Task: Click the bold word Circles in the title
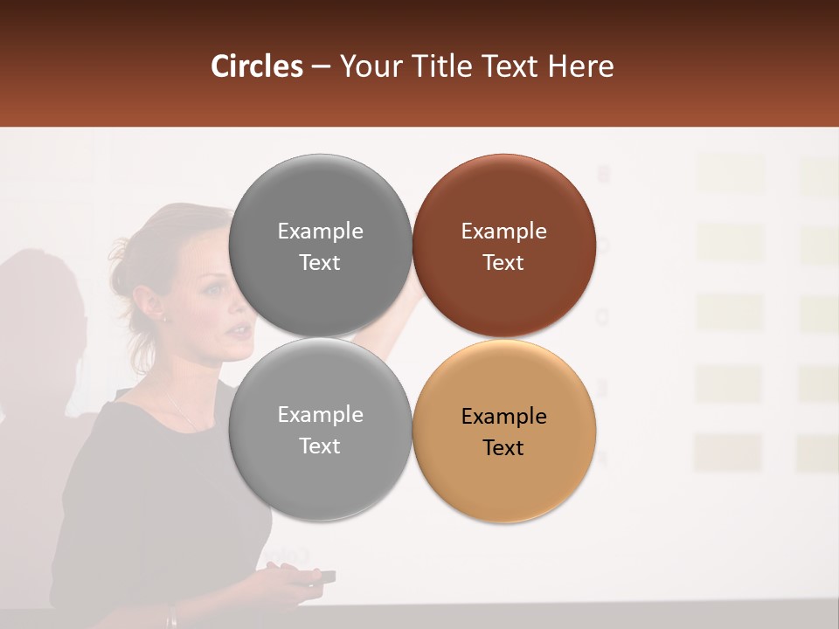257,66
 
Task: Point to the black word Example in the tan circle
503,417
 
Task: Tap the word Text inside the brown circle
503,263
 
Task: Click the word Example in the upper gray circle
320,232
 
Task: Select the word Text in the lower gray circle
320,446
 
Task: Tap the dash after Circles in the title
321,67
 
